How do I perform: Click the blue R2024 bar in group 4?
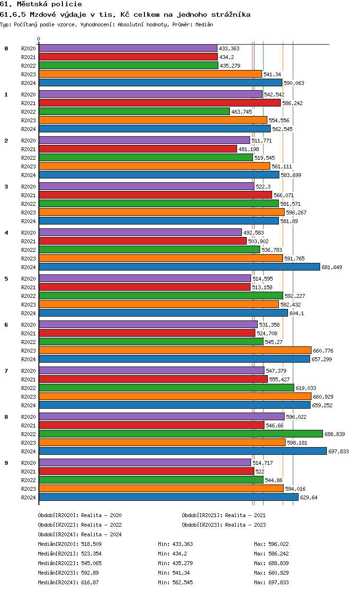click(179, 267)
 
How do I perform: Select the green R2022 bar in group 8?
click(180, 434)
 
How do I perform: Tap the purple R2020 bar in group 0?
click(128, 48)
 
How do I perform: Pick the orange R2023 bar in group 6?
click(175, 350)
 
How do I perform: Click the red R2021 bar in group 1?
click(159, 103)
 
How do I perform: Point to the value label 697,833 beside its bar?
click(338, 451)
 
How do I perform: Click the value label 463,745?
click(241, 112)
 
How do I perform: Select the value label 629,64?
click(309, 497)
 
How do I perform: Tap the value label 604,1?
click(297, 313)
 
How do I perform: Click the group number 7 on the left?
click(6, 371)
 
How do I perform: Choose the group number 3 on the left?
click(6, 187)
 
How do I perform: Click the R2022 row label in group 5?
click(28, 296)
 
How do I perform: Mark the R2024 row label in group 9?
click(28, 497)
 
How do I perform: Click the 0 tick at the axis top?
click(39, 39)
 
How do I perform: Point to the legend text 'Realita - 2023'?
click(245, 525)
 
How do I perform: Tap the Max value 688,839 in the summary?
click(278, 563)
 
